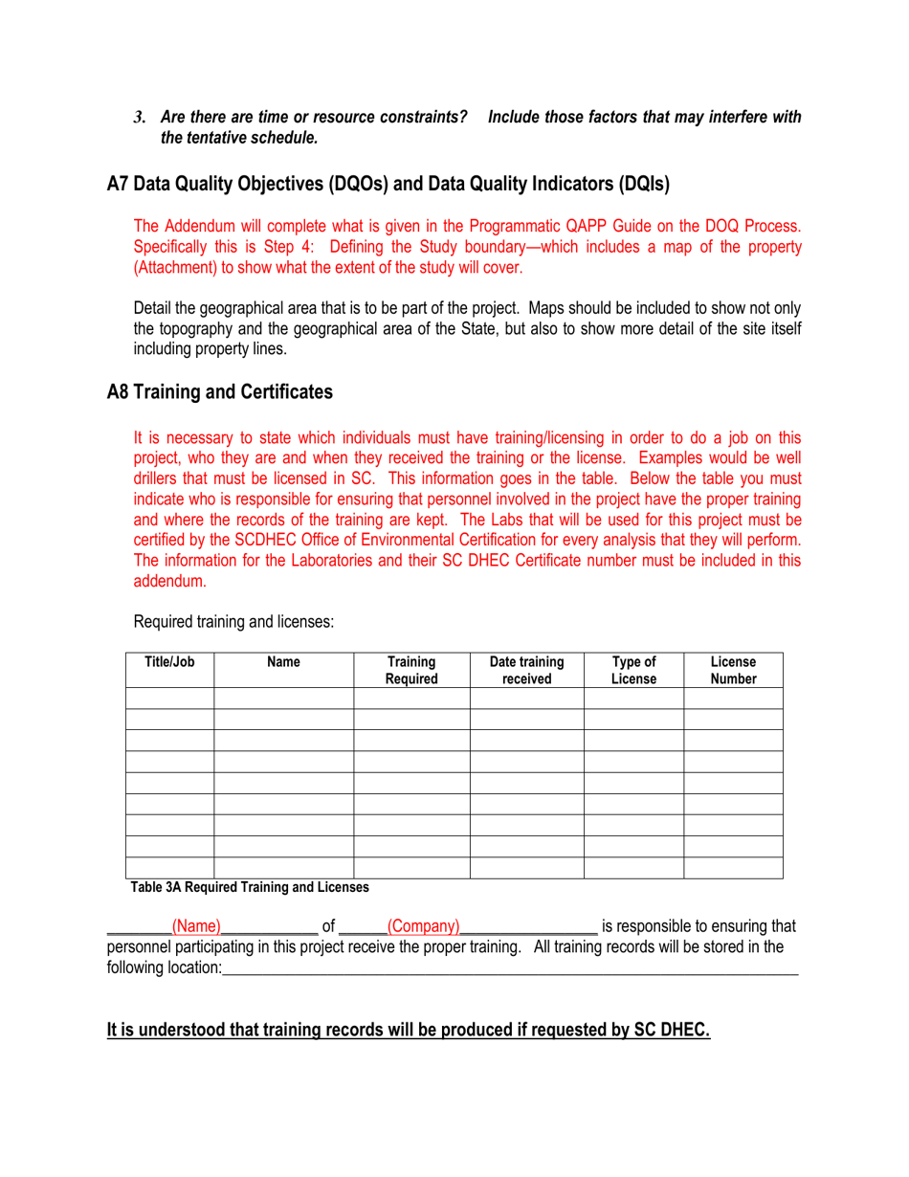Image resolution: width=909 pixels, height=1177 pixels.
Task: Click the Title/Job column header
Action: [169, 662]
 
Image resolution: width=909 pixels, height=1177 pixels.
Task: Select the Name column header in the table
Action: [283, 662]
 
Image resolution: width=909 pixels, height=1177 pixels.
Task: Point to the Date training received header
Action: [526, 671]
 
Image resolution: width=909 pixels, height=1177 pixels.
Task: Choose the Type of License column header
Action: [633, 671]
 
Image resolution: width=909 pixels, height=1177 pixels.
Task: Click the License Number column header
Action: [733, 671]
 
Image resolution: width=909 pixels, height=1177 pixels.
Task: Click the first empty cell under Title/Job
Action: [169, 698]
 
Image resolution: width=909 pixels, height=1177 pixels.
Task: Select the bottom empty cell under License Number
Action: [733, 867]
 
